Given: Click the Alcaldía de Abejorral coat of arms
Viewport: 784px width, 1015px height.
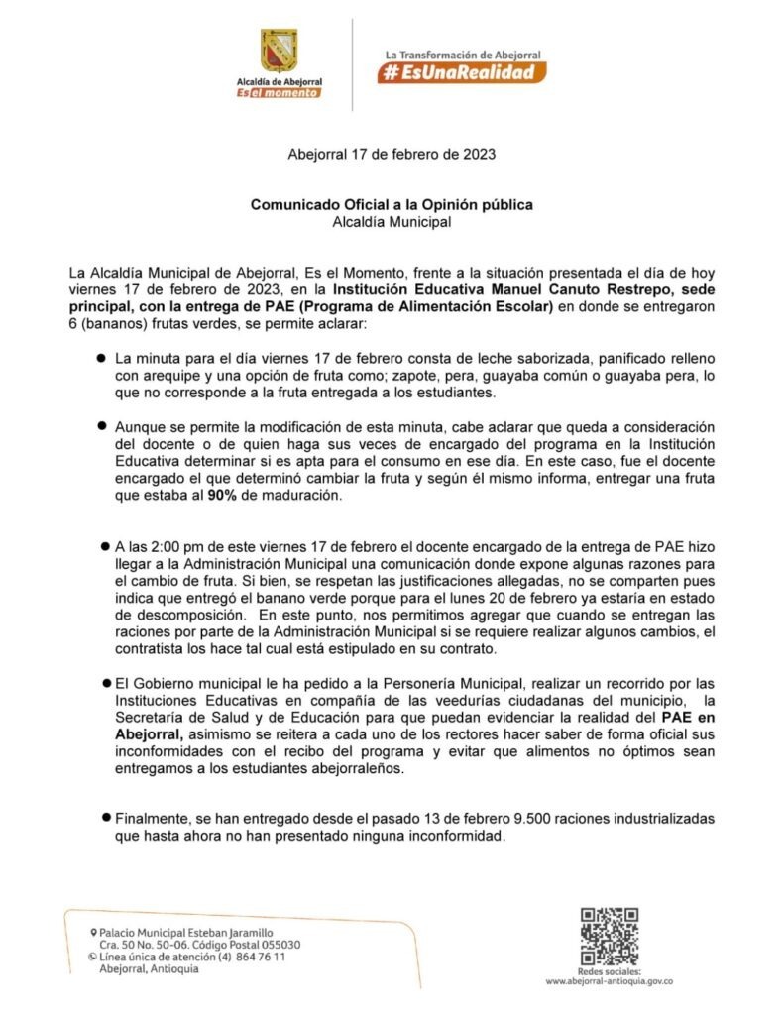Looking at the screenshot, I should point(279,50).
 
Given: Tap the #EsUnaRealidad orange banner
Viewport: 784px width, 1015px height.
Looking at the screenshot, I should point(461,72).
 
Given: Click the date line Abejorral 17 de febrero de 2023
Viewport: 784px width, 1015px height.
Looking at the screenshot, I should point(392,155).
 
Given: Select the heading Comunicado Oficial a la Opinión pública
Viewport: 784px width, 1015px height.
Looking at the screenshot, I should point(392,205).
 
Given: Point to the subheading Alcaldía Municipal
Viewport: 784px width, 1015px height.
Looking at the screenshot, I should point(392,222).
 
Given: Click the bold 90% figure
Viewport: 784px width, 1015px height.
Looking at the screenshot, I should point(222,496).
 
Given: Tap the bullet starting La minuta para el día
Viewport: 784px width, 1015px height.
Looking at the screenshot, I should point(101,356).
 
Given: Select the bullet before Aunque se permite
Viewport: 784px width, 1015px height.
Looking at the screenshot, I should point(101,424).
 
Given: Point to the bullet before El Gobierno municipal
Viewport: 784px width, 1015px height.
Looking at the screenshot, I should point(104,684).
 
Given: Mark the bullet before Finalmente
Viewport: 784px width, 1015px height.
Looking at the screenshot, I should point(104,817).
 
